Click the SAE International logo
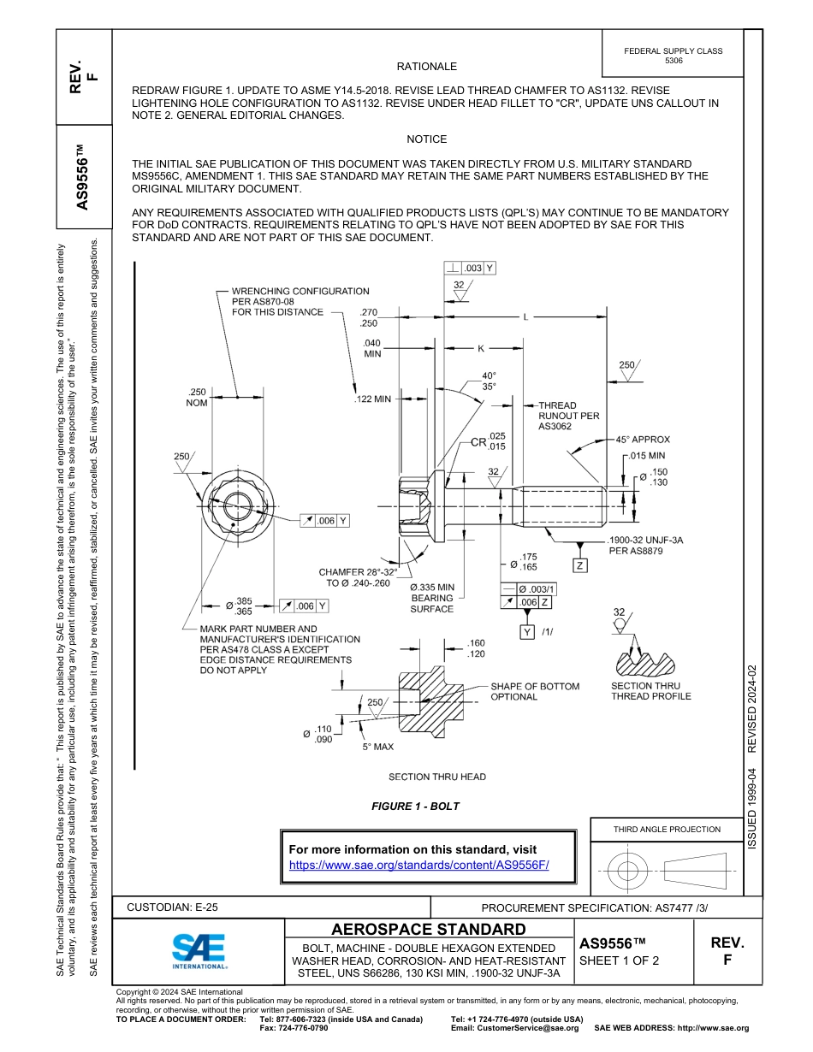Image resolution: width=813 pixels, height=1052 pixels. (199, 950)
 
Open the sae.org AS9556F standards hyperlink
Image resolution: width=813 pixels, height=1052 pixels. (418, 865)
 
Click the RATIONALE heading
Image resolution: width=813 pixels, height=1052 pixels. (426, 67)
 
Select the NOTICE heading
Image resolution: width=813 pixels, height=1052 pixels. (426, 139)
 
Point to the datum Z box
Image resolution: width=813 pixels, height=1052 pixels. (580, 565)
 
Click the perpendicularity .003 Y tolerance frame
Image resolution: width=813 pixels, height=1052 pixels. (470, 268)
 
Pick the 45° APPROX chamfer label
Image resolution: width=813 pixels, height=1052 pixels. (643, 440)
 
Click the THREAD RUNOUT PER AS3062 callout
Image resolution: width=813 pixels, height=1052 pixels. (568, 416)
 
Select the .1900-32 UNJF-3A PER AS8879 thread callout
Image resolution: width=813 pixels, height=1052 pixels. (644, 546)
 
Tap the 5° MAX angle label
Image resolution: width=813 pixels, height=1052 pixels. (377, 747)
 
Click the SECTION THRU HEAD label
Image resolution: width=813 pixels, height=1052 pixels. (436, 777)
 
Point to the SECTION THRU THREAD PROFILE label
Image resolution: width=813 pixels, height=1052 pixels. (650, 691)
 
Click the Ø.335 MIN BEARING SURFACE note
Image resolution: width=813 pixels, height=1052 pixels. (432, 598)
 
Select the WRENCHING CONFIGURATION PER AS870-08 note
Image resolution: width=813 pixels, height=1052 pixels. (300, 302)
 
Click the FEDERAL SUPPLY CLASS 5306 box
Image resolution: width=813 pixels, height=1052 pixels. (673, 56)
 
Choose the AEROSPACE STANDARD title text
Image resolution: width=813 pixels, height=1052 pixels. (429, 930)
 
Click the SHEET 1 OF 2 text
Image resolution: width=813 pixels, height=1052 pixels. (619, 960)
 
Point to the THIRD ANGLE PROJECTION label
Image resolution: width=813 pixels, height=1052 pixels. (666, 829)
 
